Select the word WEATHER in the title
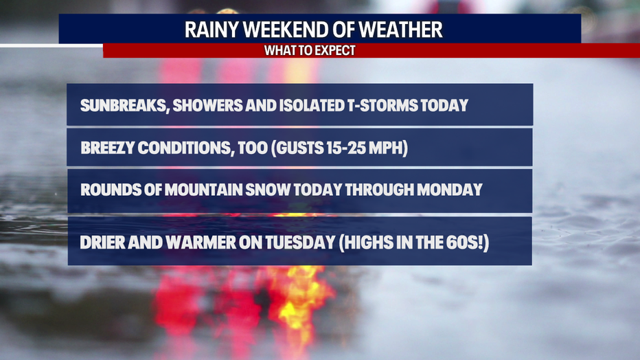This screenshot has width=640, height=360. click(x=400, y=30)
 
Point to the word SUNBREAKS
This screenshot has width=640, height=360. click(x=124, y=106)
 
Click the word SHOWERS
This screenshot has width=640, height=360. click(x=207, y=105)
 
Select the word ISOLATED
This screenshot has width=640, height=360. click(x=312, y=105)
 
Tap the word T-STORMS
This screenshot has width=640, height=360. click(x=382, y=105)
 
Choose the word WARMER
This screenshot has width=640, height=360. click(x=201, y=243)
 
